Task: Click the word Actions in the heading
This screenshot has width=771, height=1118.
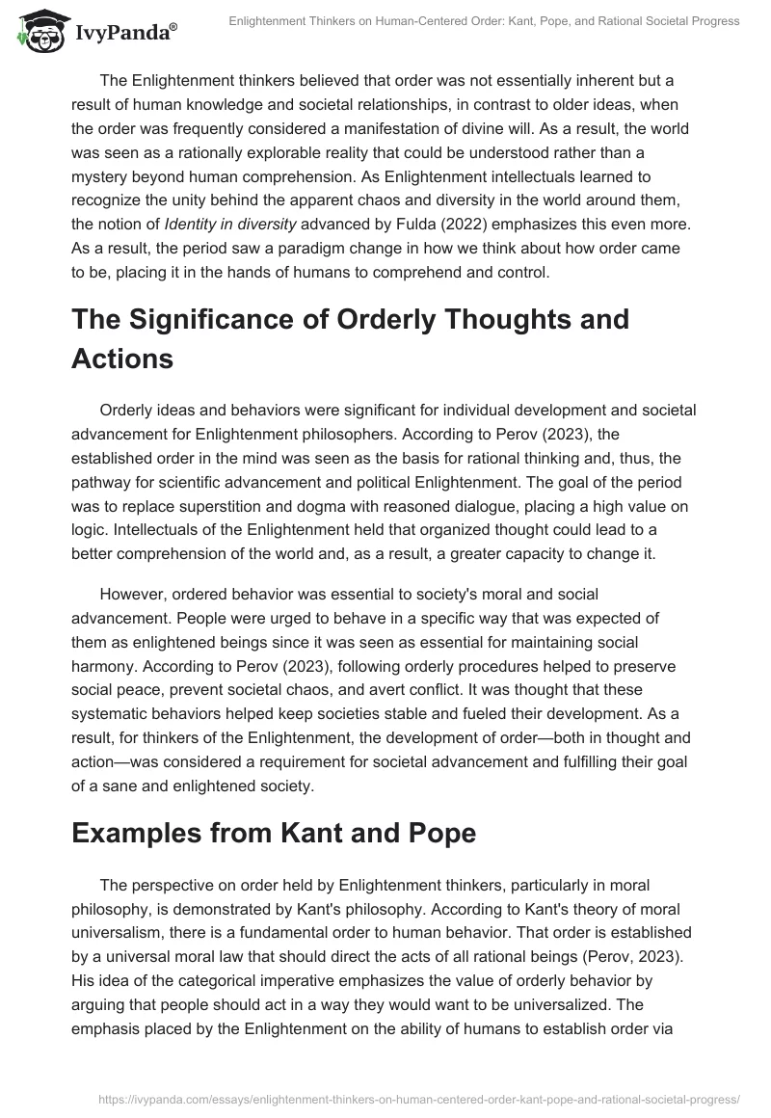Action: (122, 359)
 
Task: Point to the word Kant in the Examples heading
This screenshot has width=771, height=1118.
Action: (346, 833)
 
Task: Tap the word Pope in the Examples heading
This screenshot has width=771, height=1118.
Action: (439, 833)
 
